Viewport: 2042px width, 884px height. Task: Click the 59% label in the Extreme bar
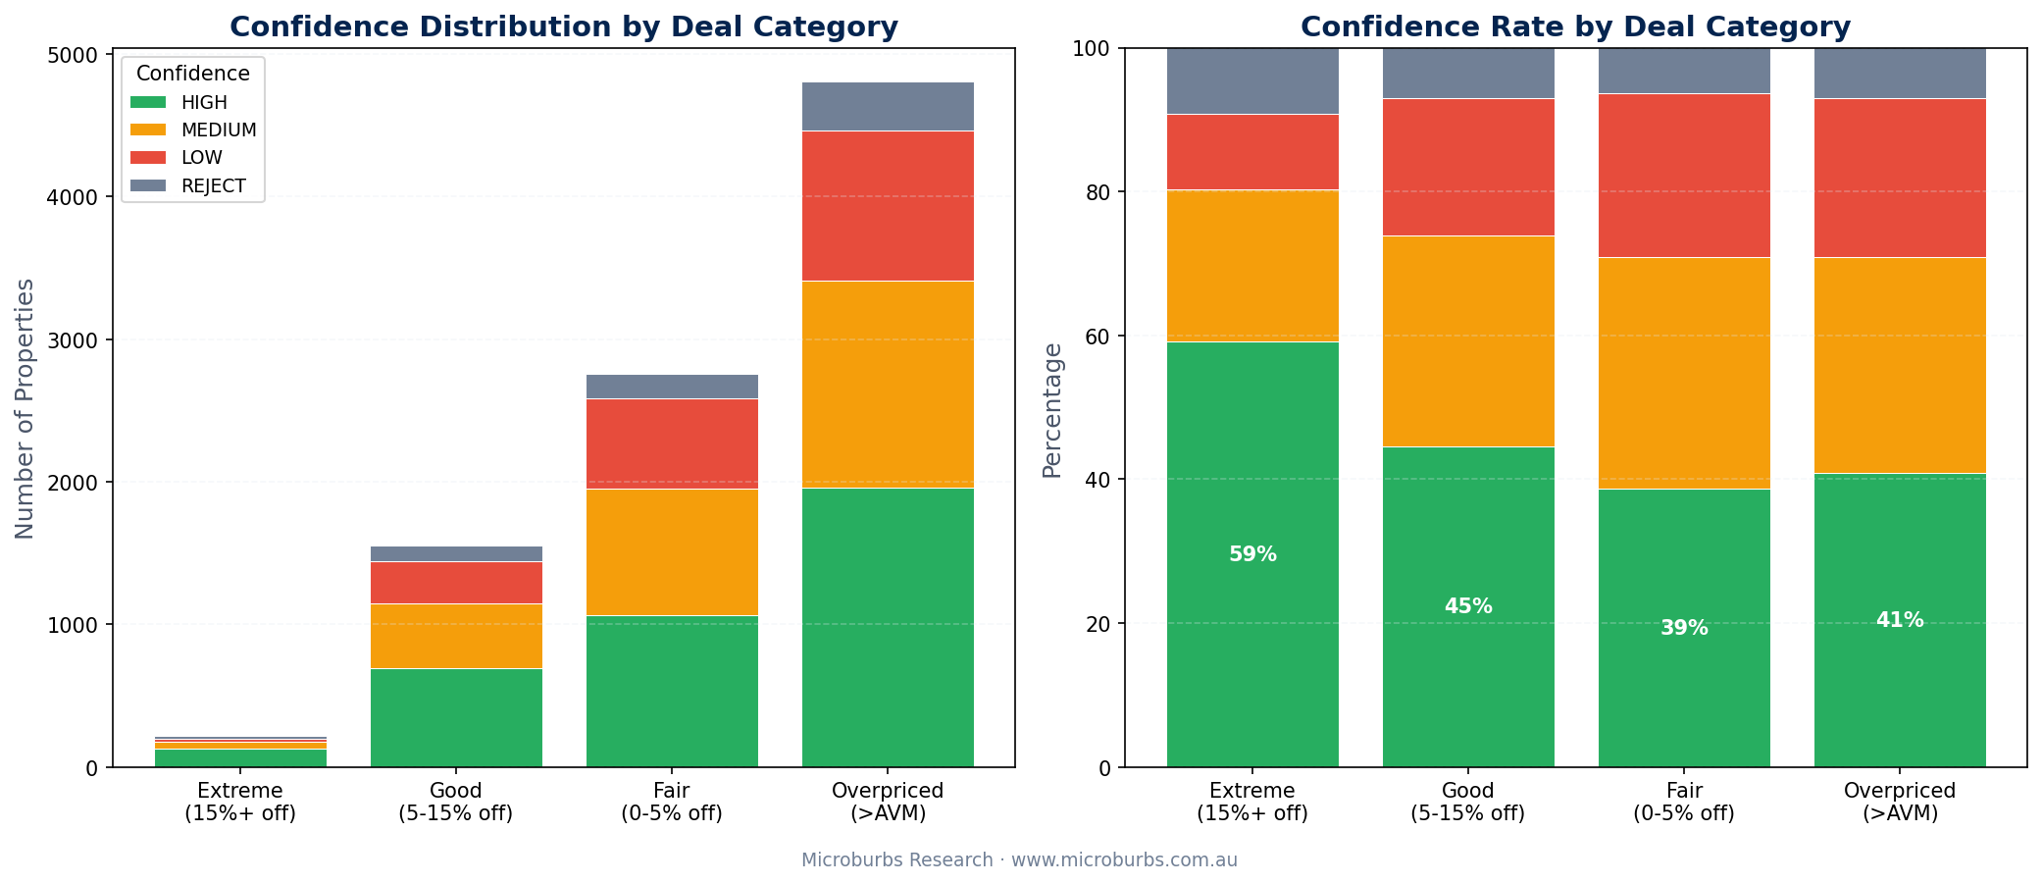[1252, 554]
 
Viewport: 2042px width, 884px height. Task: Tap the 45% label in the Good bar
[1468, 606]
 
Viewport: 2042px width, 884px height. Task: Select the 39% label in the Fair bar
[1684, 628]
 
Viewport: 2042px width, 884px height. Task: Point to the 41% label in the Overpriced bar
[1900, 620]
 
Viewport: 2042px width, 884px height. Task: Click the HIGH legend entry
[204, 102]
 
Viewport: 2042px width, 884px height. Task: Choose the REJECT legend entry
[213, 186]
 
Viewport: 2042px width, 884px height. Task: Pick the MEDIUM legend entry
[219, 130]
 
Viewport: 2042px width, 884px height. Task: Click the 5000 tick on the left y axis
[79, 55]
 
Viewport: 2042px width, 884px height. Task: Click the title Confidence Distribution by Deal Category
[563, 26]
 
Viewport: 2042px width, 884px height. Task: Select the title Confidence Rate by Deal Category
[1575, 26]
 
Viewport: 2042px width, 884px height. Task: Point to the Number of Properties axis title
[25, 408]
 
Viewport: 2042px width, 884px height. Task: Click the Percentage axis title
[1051, 409]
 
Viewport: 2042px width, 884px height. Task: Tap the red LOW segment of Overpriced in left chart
[888, 206]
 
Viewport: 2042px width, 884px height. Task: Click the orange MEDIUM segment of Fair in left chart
[672, 552]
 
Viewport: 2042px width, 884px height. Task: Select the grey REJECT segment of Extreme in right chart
[1252, 81]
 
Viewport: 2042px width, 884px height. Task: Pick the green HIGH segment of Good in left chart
[456, 717]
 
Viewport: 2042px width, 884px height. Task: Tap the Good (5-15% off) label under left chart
[456, 802]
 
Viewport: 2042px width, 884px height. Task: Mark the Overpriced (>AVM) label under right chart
[1900, 802]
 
